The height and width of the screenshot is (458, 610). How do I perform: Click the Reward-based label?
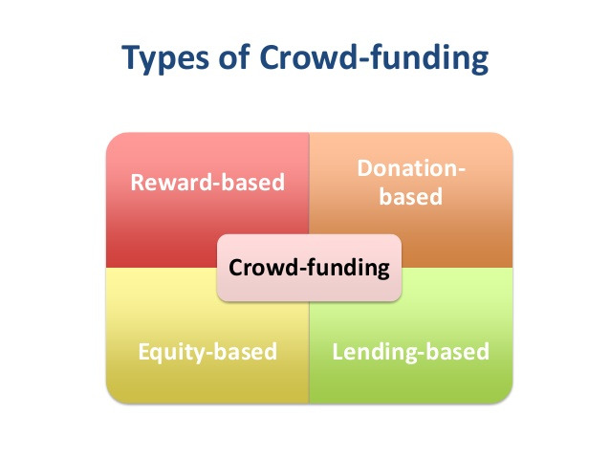(207, 182)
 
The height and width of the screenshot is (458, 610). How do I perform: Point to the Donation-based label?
(411, 183)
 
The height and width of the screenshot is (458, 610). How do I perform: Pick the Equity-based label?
(207, 351)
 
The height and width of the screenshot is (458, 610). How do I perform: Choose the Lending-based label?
(411, 351)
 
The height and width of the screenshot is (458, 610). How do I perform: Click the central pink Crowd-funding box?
(310, 267)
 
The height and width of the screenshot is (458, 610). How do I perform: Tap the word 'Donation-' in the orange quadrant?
(411, 168)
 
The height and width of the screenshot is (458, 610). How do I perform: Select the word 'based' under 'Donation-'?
(411, 198)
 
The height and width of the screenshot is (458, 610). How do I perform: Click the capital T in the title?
(131, 59)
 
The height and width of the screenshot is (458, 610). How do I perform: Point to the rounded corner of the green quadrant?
(506, 394)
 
